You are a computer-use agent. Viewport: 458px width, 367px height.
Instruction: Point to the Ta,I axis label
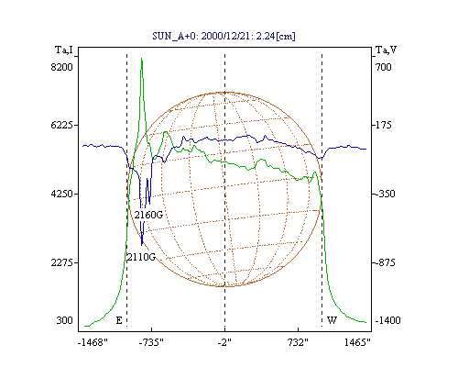[64, 50]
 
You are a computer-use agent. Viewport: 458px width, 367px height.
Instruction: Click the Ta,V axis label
[386, 50]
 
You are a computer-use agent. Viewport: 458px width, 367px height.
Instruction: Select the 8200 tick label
[61, 67]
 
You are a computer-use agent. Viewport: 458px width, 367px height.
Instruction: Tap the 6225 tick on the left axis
[61, 125]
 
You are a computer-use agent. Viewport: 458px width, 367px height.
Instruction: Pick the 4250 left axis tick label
[61, 194]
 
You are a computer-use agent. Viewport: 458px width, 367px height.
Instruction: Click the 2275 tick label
[61, 262]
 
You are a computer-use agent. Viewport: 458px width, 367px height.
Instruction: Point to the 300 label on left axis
[64, 320]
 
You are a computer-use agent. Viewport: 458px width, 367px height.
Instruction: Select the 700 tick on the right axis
[384, 67]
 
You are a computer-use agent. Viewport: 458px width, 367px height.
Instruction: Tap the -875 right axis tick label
[384, 262]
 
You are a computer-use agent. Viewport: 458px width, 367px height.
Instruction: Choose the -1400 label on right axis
[387, 320]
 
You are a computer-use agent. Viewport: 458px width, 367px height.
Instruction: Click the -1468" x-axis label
[93, 342]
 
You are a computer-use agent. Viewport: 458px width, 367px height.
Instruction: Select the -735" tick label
[151, 342]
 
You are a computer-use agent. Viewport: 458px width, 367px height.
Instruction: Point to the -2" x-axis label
[224, 342]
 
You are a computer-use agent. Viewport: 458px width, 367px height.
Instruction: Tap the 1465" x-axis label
[357, 342]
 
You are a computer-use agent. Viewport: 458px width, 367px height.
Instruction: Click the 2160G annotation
[148, 215]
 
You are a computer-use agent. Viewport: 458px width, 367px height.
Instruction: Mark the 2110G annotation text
[141, 257]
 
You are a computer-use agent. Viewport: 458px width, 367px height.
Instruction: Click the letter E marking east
[119, 320]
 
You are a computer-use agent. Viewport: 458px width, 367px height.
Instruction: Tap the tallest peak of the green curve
[142, 59]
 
